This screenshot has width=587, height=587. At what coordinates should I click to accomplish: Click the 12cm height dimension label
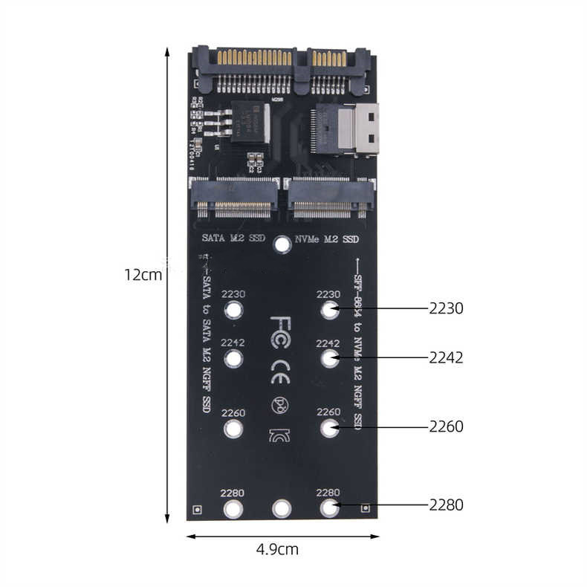click(143, 274)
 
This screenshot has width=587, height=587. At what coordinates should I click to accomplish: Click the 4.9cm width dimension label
click(276, 550)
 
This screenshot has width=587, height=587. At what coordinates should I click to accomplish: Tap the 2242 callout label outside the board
click(446, 357)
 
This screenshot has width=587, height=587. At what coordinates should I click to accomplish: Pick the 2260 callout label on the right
click(446, 427)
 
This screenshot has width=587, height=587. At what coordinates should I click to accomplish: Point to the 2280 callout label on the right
click(446, 505)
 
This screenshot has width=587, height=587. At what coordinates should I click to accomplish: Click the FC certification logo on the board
click(282, 325)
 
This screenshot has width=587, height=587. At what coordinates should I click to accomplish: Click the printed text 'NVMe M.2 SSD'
click(327, 239)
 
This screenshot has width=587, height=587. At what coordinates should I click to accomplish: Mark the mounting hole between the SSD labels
click(282, 244)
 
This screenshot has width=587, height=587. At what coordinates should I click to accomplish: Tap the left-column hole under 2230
click(234, 311)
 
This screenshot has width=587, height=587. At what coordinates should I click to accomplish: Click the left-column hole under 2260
click(234, 429)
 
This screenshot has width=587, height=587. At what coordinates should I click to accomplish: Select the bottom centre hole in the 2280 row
click(282, 508)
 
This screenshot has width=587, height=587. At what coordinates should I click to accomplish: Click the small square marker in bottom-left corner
click(197, 510)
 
